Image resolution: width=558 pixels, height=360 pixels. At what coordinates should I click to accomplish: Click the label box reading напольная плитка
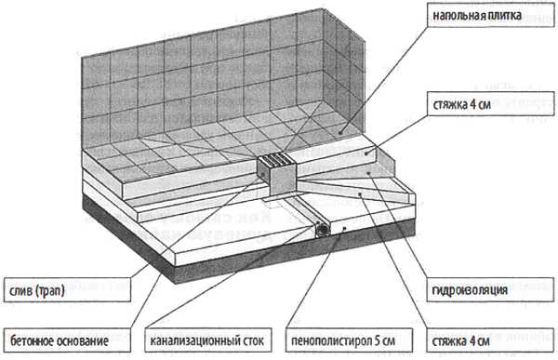(490, 15)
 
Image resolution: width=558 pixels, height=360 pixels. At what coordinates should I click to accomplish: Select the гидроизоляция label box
(490, 290)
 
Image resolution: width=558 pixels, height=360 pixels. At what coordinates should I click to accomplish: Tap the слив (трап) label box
(67, 290)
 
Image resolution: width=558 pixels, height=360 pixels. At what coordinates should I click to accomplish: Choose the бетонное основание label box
(67, 340)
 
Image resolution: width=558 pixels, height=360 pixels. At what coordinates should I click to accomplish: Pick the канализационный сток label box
(208, 340)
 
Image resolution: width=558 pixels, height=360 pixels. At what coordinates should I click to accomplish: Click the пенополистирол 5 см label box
(349, 340)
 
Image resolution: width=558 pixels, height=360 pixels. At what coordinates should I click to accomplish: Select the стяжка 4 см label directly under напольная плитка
(490, 103)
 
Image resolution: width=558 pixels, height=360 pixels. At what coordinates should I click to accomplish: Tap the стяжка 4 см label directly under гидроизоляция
(490, 340)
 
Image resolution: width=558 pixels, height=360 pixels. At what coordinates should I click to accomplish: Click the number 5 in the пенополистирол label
(377, 340)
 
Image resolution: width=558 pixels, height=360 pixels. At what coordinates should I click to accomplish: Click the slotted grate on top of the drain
(276, 160)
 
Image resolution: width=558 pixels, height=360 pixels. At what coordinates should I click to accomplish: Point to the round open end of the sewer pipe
(323, 230)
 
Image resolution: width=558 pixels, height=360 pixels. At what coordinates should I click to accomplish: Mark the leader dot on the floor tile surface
(340, 132)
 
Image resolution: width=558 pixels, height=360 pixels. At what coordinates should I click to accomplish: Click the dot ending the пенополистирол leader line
(344, 228)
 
